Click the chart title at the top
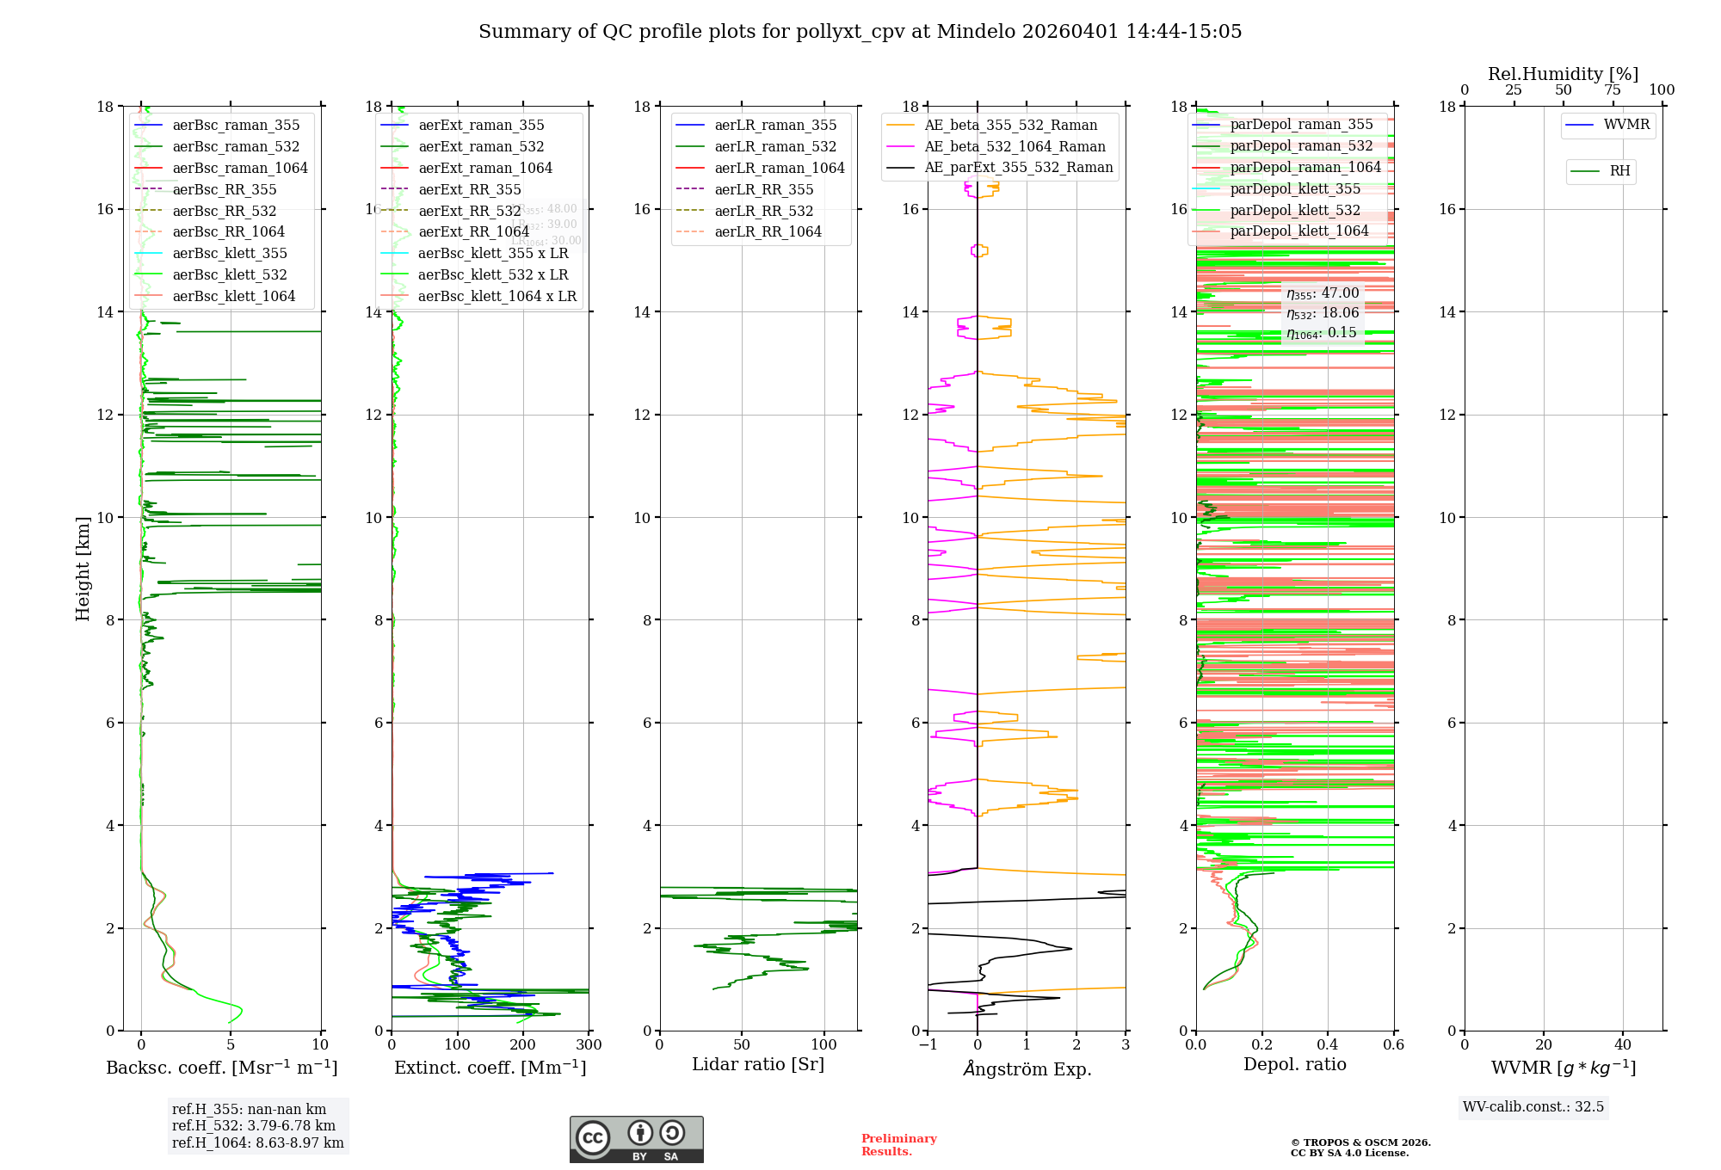tap(860, 32)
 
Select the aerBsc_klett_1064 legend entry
tap(233, 296)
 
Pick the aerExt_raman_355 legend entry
tap(481, 126)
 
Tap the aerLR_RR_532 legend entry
tap(763, 211)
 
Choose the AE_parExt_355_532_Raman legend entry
tap(1018, 168)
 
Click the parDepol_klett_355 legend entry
tap(1295, 188)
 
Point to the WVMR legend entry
tap(1626, 125)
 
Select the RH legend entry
tap(1619, 171)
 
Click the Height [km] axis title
tap(83, 568)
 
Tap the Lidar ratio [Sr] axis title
tap(758, 1065)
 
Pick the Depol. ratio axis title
tap(1294, 1065)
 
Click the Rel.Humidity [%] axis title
tap(1563, 74)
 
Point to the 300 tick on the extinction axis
tap(589, 1045)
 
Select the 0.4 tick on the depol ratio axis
tap(1328, 1045)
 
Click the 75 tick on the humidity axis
tap(1613, 90)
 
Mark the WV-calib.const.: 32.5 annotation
tap(1533, 1107)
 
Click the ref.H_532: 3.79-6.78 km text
tap(254, 1126)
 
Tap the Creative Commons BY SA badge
tap(636, 1139)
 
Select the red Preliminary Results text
tap(898, 1145)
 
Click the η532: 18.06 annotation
tap(1323, 313)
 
